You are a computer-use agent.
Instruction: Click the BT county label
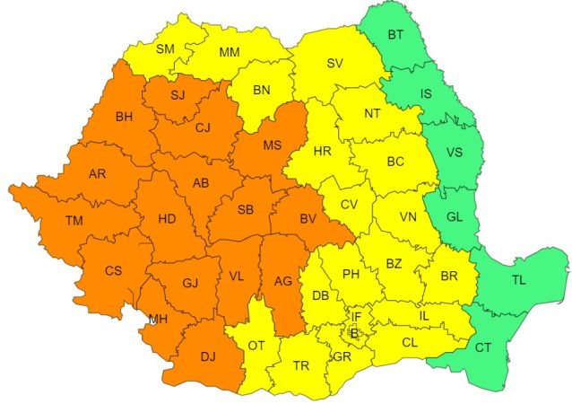pyautogui.click(x=395, y=35)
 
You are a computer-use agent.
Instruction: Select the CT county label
pyautogui.click(x=483, y=347)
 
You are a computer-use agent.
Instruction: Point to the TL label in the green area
pyautogui.click(x=519, y=280)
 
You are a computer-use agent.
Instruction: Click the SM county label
pyautogui.click(x=165, y=48)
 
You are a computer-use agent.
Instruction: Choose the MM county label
pyautogui.click(x=230, y=53)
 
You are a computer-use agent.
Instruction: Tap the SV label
pyautogui.click(x=334, y=63)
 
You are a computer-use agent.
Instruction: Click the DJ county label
pyautogui.click(x=208, y=356)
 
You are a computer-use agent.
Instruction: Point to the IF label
pyautogui.click(x=356, y=316)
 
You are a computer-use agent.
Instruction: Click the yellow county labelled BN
pyautogui.click(x=261, y=90)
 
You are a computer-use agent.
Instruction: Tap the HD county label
pyautogui.click(x=168, y=218)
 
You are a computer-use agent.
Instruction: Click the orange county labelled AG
pyautogui.click(x=283, y=282)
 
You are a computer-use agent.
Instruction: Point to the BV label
pyautogui.click(x=308, y=218)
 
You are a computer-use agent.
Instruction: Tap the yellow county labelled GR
pyautogui.click(x=341, y=356)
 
